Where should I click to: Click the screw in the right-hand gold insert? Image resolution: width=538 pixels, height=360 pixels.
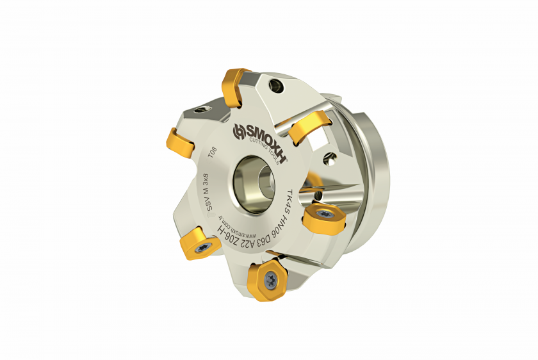point(326,213)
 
